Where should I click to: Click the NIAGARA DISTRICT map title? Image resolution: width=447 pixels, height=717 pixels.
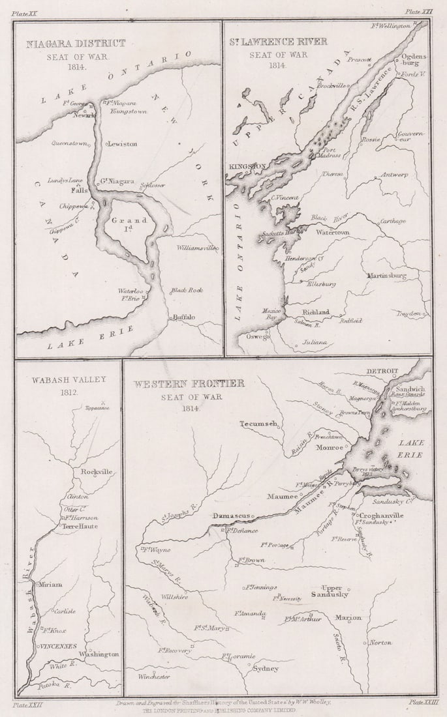click(75, 44)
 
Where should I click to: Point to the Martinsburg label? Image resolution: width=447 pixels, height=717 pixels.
click(386, 276)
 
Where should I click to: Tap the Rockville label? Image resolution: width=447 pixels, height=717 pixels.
click(97, 472)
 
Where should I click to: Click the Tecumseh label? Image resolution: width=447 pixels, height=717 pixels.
click(258, 424)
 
